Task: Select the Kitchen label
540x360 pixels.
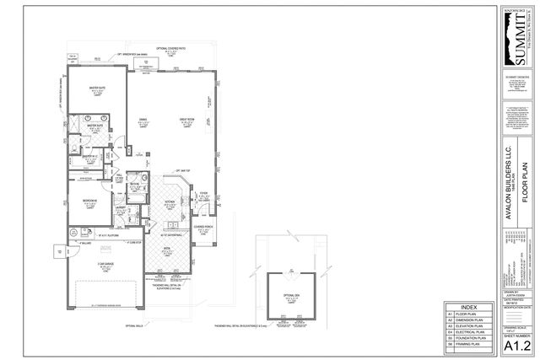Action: point(168,202)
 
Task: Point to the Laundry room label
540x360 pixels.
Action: point(121,206)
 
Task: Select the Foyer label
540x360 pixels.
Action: point(202,193)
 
